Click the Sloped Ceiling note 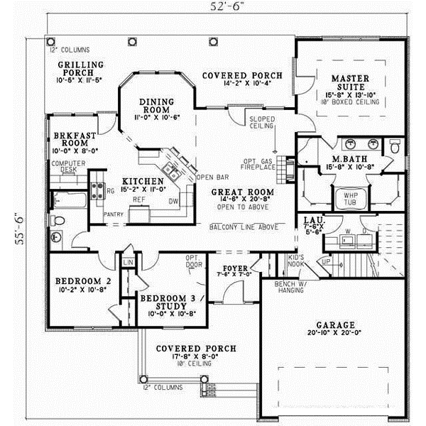click(x=261, y=123)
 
